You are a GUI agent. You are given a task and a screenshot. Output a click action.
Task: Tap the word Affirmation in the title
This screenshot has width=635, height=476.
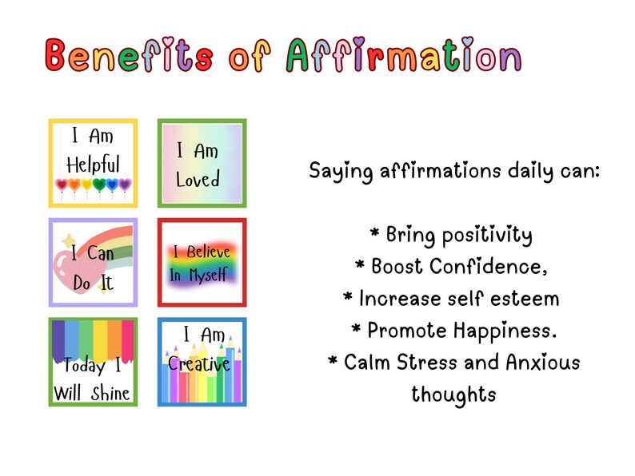404,55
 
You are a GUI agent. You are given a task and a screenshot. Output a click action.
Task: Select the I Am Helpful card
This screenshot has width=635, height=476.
93,163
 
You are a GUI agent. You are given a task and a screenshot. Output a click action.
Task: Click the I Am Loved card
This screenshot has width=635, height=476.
202,163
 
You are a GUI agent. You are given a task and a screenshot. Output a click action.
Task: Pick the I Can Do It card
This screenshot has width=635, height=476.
93,262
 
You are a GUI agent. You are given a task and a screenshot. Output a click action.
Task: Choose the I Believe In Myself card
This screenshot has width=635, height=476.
202,262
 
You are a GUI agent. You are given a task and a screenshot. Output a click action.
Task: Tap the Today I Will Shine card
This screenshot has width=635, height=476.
93,362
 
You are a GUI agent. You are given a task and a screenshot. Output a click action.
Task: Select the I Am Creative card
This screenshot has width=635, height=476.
202,362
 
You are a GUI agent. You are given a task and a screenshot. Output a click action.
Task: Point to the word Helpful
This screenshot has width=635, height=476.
93,165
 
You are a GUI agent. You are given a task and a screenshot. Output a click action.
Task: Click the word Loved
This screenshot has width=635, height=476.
198,180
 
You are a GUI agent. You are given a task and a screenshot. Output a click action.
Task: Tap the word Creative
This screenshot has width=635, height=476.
199,364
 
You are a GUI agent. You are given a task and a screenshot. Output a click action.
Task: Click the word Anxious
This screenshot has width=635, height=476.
543,363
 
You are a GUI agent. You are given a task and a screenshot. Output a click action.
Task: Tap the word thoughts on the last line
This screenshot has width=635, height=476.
453,395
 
